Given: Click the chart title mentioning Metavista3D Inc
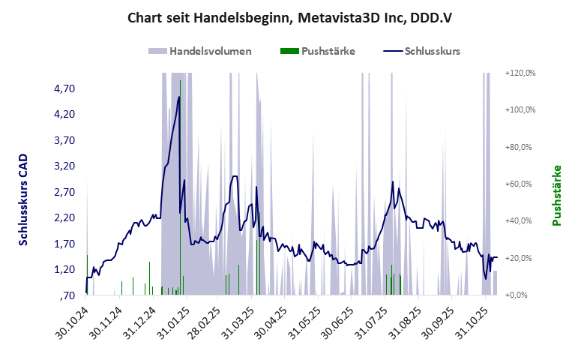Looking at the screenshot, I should coord(289,17).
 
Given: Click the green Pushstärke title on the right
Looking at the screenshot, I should coord(557,196).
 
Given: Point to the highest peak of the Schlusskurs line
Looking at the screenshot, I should coord(179,96).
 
